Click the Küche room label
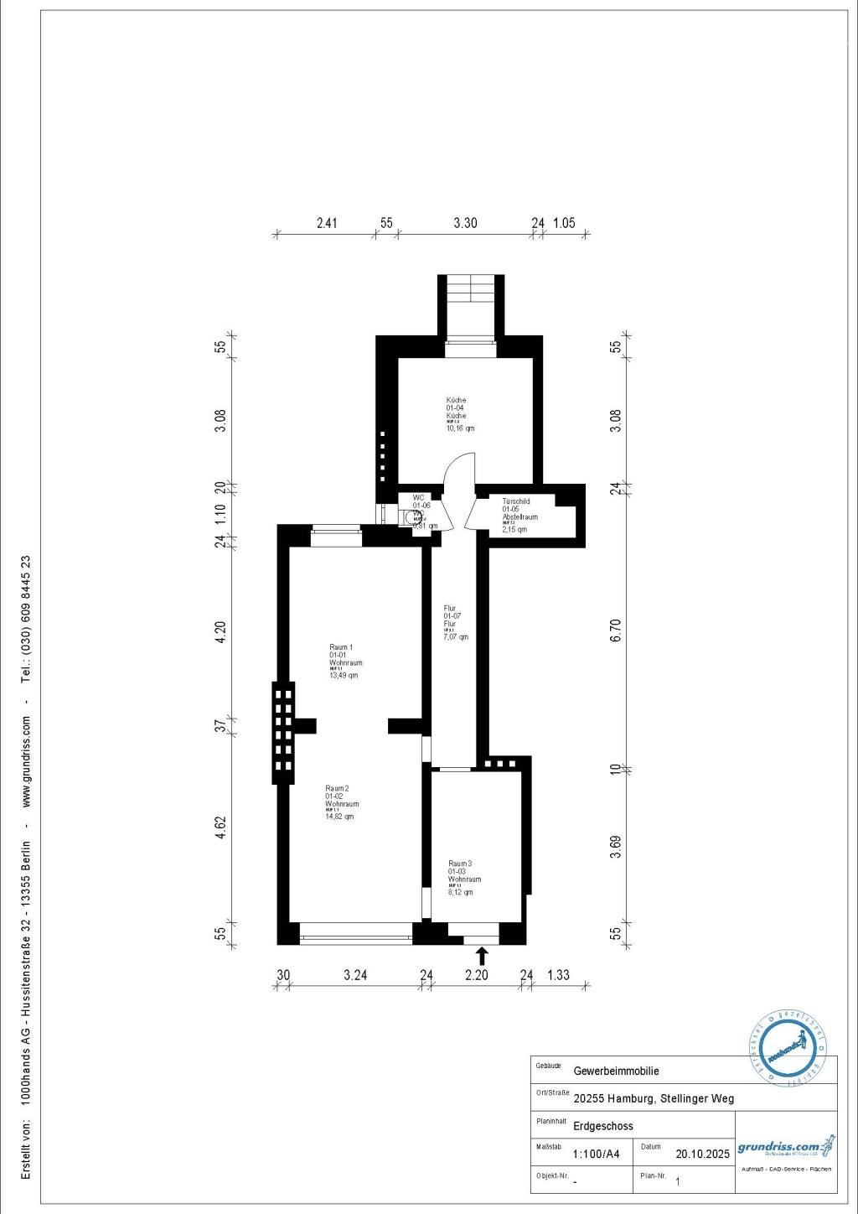(457, 401)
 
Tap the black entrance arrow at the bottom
(482, 956)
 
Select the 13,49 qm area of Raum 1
(344, 675)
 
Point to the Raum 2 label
(337, 788)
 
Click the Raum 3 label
(460, 864)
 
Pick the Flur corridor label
(450, 609)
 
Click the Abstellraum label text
(519, 517)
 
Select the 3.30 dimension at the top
(465, 223)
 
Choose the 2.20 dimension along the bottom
(476, 975)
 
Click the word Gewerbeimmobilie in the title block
(616, 1071)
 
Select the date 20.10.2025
(702, 1154)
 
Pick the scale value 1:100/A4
(597, 1154)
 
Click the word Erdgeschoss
(603, 1126)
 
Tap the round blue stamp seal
(787, 1049)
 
